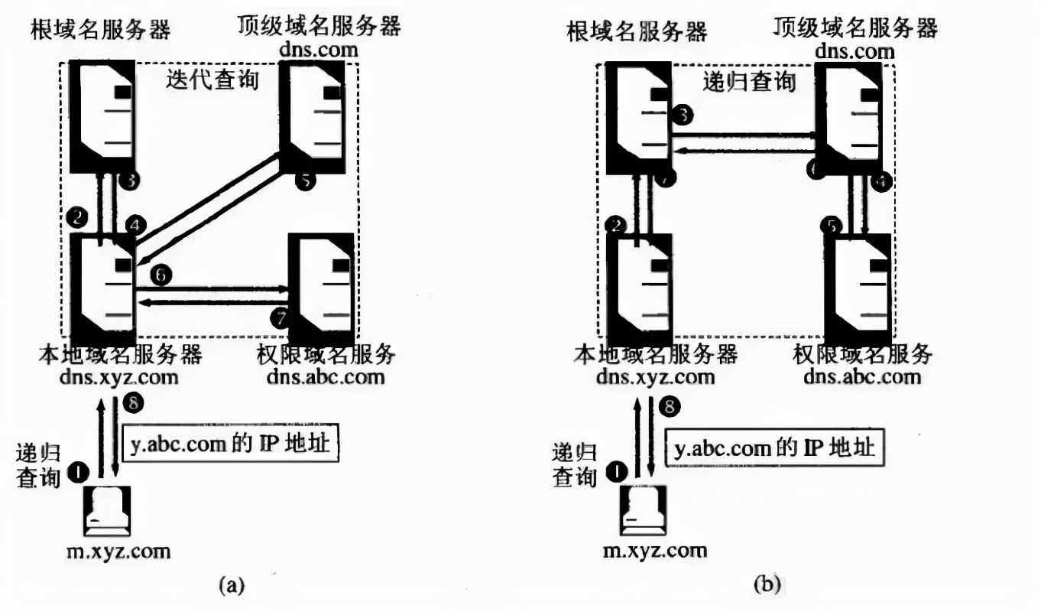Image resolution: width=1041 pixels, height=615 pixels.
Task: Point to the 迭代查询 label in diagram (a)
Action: tap(212, 80)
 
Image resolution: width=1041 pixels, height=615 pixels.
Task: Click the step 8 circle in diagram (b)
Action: tap(670, 407)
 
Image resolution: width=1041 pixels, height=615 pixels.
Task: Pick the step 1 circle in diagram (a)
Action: tap(78, 471)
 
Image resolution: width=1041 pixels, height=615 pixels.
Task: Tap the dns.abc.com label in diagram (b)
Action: tap(863, 376)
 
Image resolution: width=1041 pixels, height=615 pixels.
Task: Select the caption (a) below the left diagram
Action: tap(231, 586)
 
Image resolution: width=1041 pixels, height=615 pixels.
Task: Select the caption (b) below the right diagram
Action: tap(767, 586)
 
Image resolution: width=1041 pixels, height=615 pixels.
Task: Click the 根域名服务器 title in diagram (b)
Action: tap(637, 31)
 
